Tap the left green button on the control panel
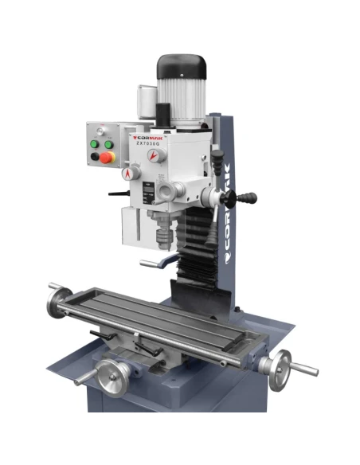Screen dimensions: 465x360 (x=97, y=144)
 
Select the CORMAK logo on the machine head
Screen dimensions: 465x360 (x=146, y=137)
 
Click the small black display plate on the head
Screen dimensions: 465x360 (x=147, y=191)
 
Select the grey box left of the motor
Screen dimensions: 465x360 (x=146, y=101)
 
